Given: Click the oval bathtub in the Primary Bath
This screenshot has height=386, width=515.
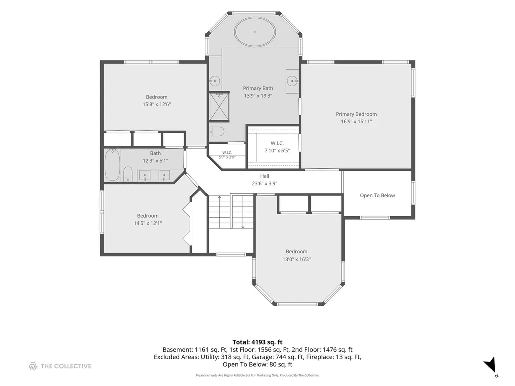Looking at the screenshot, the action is point(255,32).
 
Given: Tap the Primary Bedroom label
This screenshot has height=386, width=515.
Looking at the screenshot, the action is point(356,114).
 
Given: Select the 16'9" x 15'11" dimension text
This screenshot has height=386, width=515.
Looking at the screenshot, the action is point(356,122).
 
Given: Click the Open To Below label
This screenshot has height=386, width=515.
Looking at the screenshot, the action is point(377,195).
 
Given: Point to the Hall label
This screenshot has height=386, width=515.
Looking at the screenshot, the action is point(265,176).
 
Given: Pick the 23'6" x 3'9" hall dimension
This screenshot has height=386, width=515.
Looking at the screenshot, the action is point(265,184).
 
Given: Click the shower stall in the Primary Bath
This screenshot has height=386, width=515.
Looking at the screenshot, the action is point(219,107).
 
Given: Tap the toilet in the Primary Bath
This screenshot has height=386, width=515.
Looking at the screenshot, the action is point(217,132).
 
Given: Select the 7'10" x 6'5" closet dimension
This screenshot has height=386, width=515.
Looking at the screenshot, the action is point(277,151).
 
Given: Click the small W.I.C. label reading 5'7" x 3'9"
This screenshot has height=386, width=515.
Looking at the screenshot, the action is point(227,155).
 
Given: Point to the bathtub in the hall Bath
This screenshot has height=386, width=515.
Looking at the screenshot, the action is point(113,165).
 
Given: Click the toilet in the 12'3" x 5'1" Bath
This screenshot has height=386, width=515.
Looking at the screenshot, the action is point(128,174).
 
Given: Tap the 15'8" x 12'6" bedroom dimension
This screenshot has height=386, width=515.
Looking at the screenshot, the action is point(157,105).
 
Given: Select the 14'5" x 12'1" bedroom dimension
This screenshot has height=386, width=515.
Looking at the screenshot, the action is point(148,223).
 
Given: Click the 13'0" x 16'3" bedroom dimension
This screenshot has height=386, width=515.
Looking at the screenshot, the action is point(297,260).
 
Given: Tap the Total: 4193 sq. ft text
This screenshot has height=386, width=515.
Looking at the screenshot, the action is point(257,342).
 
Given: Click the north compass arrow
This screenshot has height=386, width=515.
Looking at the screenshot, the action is point(490,364).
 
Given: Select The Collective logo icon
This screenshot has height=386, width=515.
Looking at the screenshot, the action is point(33,366).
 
